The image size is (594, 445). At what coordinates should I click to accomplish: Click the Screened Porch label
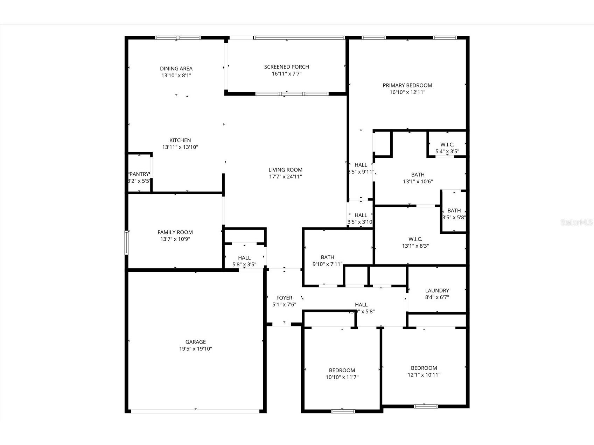click(x=286, y=67)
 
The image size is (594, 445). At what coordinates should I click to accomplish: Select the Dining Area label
click(x=176, y=69)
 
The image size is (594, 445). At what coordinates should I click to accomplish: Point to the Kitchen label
click(x=180, y=140)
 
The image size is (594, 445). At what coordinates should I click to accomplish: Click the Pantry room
click(x=139, y=174)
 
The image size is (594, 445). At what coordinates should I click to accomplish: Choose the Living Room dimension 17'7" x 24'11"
click(x=285, y=177)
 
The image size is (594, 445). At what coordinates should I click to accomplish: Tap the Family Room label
click(x=175, y=232)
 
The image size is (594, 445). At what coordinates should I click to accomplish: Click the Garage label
click(x=195, y=342)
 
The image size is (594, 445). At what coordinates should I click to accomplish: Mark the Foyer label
click(x=284, y=298)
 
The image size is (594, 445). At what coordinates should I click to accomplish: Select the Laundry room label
click(x=437, y=290)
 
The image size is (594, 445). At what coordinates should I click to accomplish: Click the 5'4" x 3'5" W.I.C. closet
click(x=447, y=148)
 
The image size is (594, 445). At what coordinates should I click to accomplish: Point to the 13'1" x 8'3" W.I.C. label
click(x=415, y=239)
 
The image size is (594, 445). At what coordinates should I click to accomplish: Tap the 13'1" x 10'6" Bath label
click(x=418, y=175)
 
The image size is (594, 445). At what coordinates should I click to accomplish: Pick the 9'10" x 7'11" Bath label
click(x=327, y=257)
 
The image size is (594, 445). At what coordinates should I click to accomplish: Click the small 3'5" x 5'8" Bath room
click(x=454, y=214)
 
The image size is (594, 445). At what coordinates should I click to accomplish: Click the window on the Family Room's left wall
click(x=127, y=242)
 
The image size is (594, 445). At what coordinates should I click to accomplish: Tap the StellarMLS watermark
click(x=576, y=222)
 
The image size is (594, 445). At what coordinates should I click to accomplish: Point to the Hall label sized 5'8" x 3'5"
click(x=244, y=258)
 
